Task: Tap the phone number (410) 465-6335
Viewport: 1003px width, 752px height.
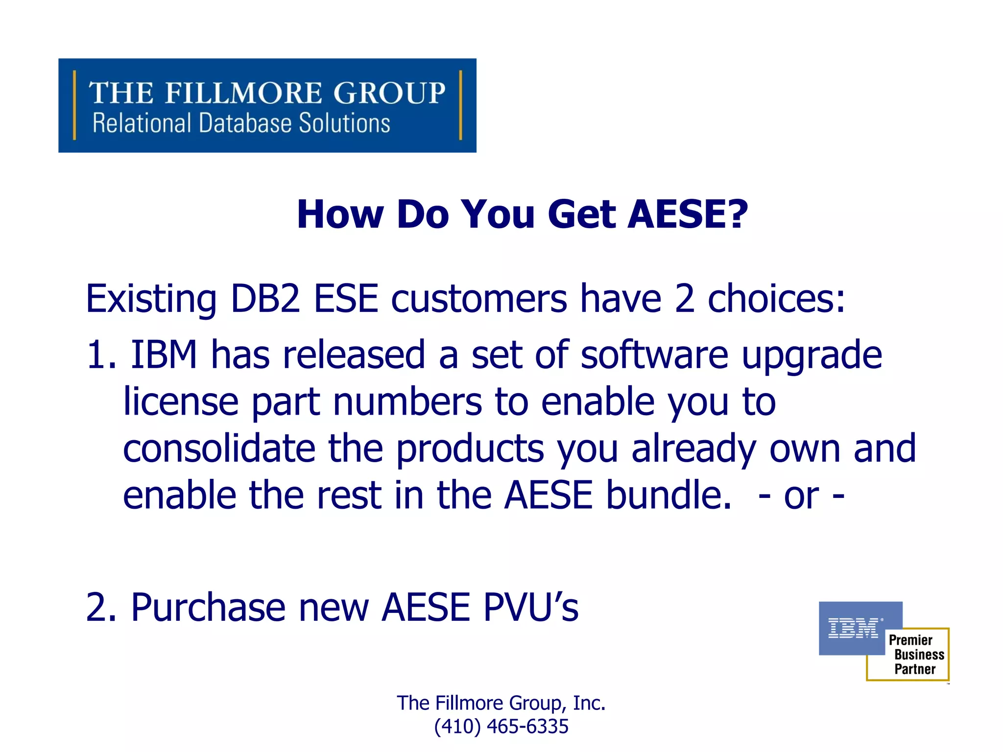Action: (501, 727)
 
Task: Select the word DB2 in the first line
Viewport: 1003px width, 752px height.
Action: (264, 299)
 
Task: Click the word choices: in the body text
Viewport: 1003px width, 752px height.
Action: (776, 299)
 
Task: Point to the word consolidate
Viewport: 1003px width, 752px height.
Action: (219, 448)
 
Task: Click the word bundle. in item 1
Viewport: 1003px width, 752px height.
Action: (669, 495)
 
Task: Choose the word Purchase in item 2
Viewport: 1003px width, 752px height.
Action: (208, 608)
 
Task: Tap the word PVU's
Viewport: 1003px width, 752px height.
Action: (530, 608)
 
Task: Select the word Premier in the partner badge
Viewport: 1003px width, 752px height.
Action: (910, 640)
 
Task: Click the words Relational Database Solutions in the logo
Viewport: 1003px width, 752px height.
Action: (241, 123)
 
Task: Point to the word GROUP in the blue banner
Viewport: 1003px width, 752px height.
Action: (389, 93)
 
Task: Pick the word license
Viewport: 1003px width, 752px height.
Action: (181, 402)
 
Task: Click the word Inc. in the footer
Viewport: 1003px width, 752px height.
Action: (589, 703)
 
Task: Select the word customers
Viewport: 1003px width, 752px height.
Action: (478, 299)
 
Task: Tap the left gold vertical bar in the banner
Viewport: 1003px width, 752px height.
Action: (74, 105)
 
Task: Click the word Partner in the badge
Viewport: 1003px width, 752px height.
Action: (915, 669)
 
